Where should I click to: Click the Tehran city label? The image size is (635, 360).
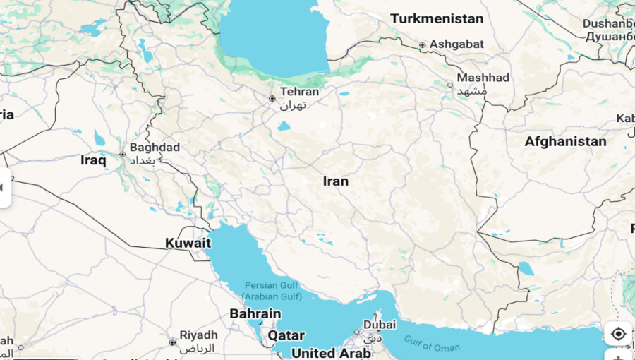tap(299, 92)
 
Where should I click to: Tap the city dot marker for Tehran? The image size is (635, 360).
tap(272, 99)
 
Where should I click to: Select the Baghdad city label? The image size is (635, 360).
tap(155, 148)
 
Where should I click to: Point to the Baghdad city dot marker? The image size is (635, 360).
tap(123, 155)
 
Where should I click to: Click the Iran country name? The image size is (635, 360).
tap(336, 181)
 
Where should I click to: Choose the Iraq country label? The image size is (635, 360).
tap(93, 160)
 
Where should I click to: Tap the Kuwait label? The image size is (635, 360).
tap(188, 244)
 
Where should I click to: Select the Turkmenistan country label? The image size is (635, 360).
tap(437, 19)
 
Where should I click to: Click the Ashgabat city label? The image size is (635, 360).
tap(456, 44)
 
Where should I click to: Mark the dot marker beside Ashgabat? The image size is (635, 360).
tap(423, 45)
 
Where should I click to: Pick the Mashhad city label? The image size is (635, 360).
tap(483, 78)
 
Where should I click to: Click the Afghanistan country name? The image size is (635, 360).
tap(565, 142)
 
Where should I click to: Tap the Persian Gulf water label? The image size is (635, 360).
tap(272, 290)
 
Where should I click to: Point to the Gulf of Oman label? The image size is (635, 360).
tap(433, 343)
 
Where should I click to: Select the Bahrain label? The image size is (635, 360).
tap(255, 314)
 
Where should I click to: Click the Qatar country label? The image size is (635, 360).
tap(286, 335)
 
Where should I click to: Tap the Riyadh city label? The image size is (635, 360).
tap(198, 335)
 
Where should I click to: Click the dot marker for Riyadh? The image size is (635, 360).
tap(172, 342)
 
